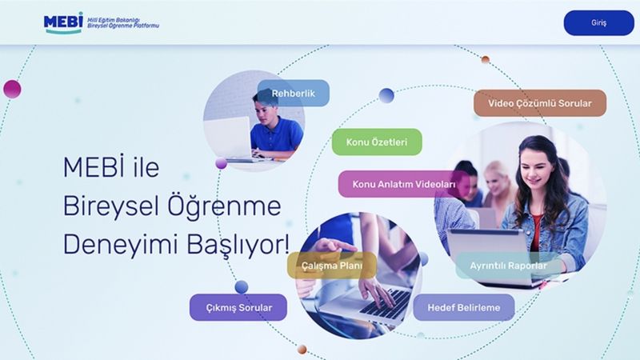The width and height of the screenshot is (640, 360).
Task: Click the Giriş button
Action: pos(598,22)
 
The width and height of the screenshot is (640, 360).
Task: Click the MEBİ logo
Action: pos(63,22)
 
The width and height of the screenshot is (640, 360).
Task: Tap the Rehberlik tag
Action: pos(294,94)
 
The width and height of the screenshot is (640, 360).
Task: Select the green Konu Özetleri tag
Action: pos(377,142)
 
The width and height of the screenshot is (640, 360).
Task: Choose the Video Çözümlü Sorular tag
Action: pos(540,103)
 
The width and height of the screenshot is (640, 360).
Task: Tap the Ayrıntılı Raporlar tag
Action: pos(509,266)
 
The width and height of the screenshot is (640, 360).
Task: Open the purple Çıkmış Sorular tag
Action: pos(238,307)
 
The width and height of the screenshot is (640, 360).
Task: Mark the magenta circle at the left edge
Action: pos(11,89)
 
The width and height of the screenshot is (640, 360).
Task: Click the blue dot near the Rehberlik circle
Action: pos(386,96)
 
